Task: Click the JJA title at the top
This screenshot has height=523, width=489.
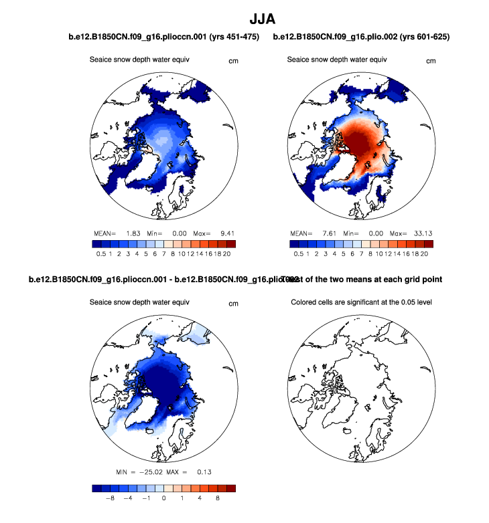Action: [x=244, y=15]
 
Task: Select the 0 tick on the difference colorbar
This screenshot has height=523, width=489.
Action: [x=163, y=498]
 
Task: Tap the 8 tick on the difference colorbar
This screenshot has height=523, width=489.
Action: [x=217, y=498]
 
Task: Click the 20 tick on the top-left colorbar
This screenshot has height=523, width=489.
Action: [x=229, y=254]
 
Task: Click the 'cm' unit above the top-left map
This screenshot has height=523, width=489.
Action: [x=234, y=61]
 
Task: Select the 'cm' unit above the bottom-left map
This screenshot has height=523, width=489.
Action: [x=234, y=304]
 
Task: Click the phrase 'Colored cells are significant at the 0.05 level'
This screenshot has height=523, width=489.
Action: [x=362, y=302]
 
